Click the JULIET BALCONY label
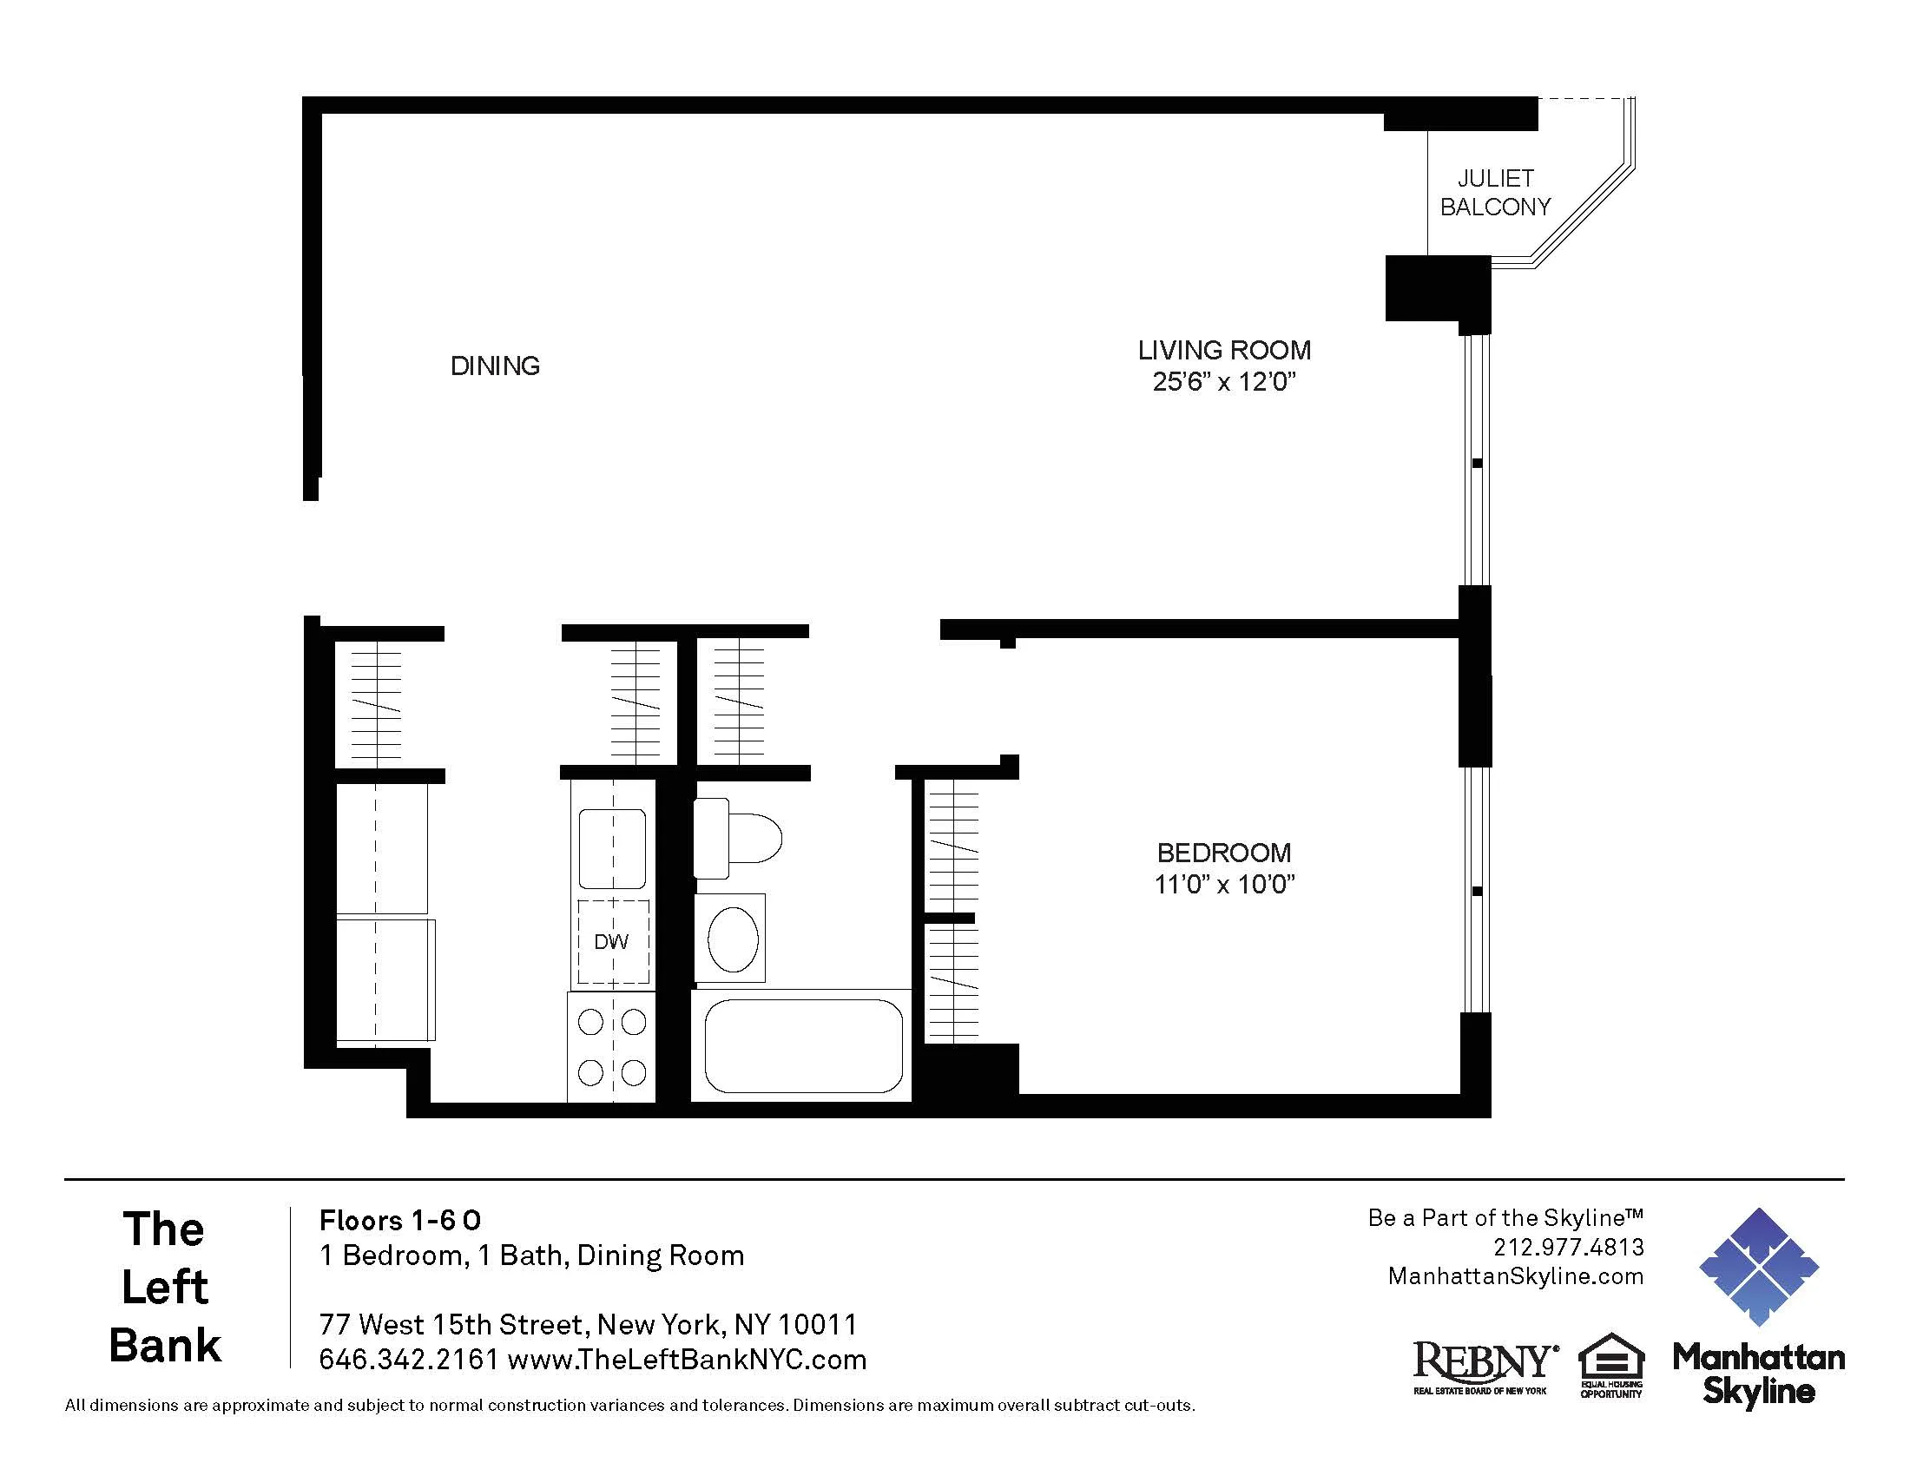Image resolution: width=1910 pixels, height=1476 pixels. click(x=1495, y=193)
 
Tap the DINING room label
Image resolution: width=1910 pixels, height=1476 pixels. click(x=495, y=366)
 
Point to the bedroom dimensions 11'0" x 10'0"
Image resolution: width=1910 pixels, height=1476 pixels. click(x=1223, y=885)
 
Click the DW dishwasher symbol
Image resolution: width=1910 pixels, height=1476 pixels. click(x=612, y=942)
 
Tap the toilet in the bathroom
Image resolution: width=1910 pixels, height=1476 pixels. click(x=736, y=839)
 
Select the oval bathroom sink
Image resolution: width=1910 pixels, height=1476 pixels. click(x=732, y=939)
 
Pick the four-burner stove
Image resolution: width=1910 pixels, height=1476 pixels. click(x=611, y=1047)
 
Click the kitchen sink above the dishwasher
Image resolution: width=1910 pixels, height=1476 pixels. click(x=612, y=849)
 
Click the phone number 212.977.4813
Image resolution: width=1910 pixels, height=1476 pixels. click(x=1568, y=1247)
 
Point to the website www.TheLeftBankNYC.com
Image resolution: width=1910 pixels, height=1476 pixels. click(x=687, y=1360)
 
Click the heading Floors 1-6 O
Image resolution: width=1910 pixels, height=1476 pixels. click(x=399, y=1221)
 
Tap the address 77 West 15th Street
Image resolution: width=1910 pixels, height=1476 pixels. click(x=454, y=1325)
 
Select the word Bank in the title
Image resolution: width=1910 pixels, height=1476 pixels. click(x=165, y=1346)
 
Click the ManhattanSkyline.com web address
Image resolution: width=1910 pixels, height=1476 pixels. click(x=1515, y=1276)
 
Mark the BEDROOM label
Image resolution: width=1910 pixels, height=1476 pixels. click(x=1223, y=853)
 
